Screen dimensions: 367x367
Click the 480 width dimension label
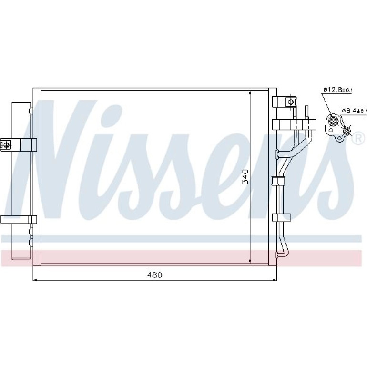pos(154,275)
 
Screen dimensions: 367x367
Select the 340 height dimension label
pos(245,176)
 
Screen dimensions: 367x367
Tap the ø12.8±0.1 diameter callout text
pos(338,90)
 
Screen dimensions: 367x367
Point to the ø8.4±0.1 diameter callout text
pos(354,111)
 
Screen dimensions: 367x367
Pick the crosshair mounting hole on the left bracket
pos(6,145)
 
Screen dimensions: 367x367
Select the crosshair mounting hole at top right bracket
pos(291,102)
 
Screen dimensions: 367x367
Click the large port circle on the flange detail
pos(333,121)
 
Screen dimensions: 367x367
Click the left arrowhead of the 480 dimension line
pos(35,280)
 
